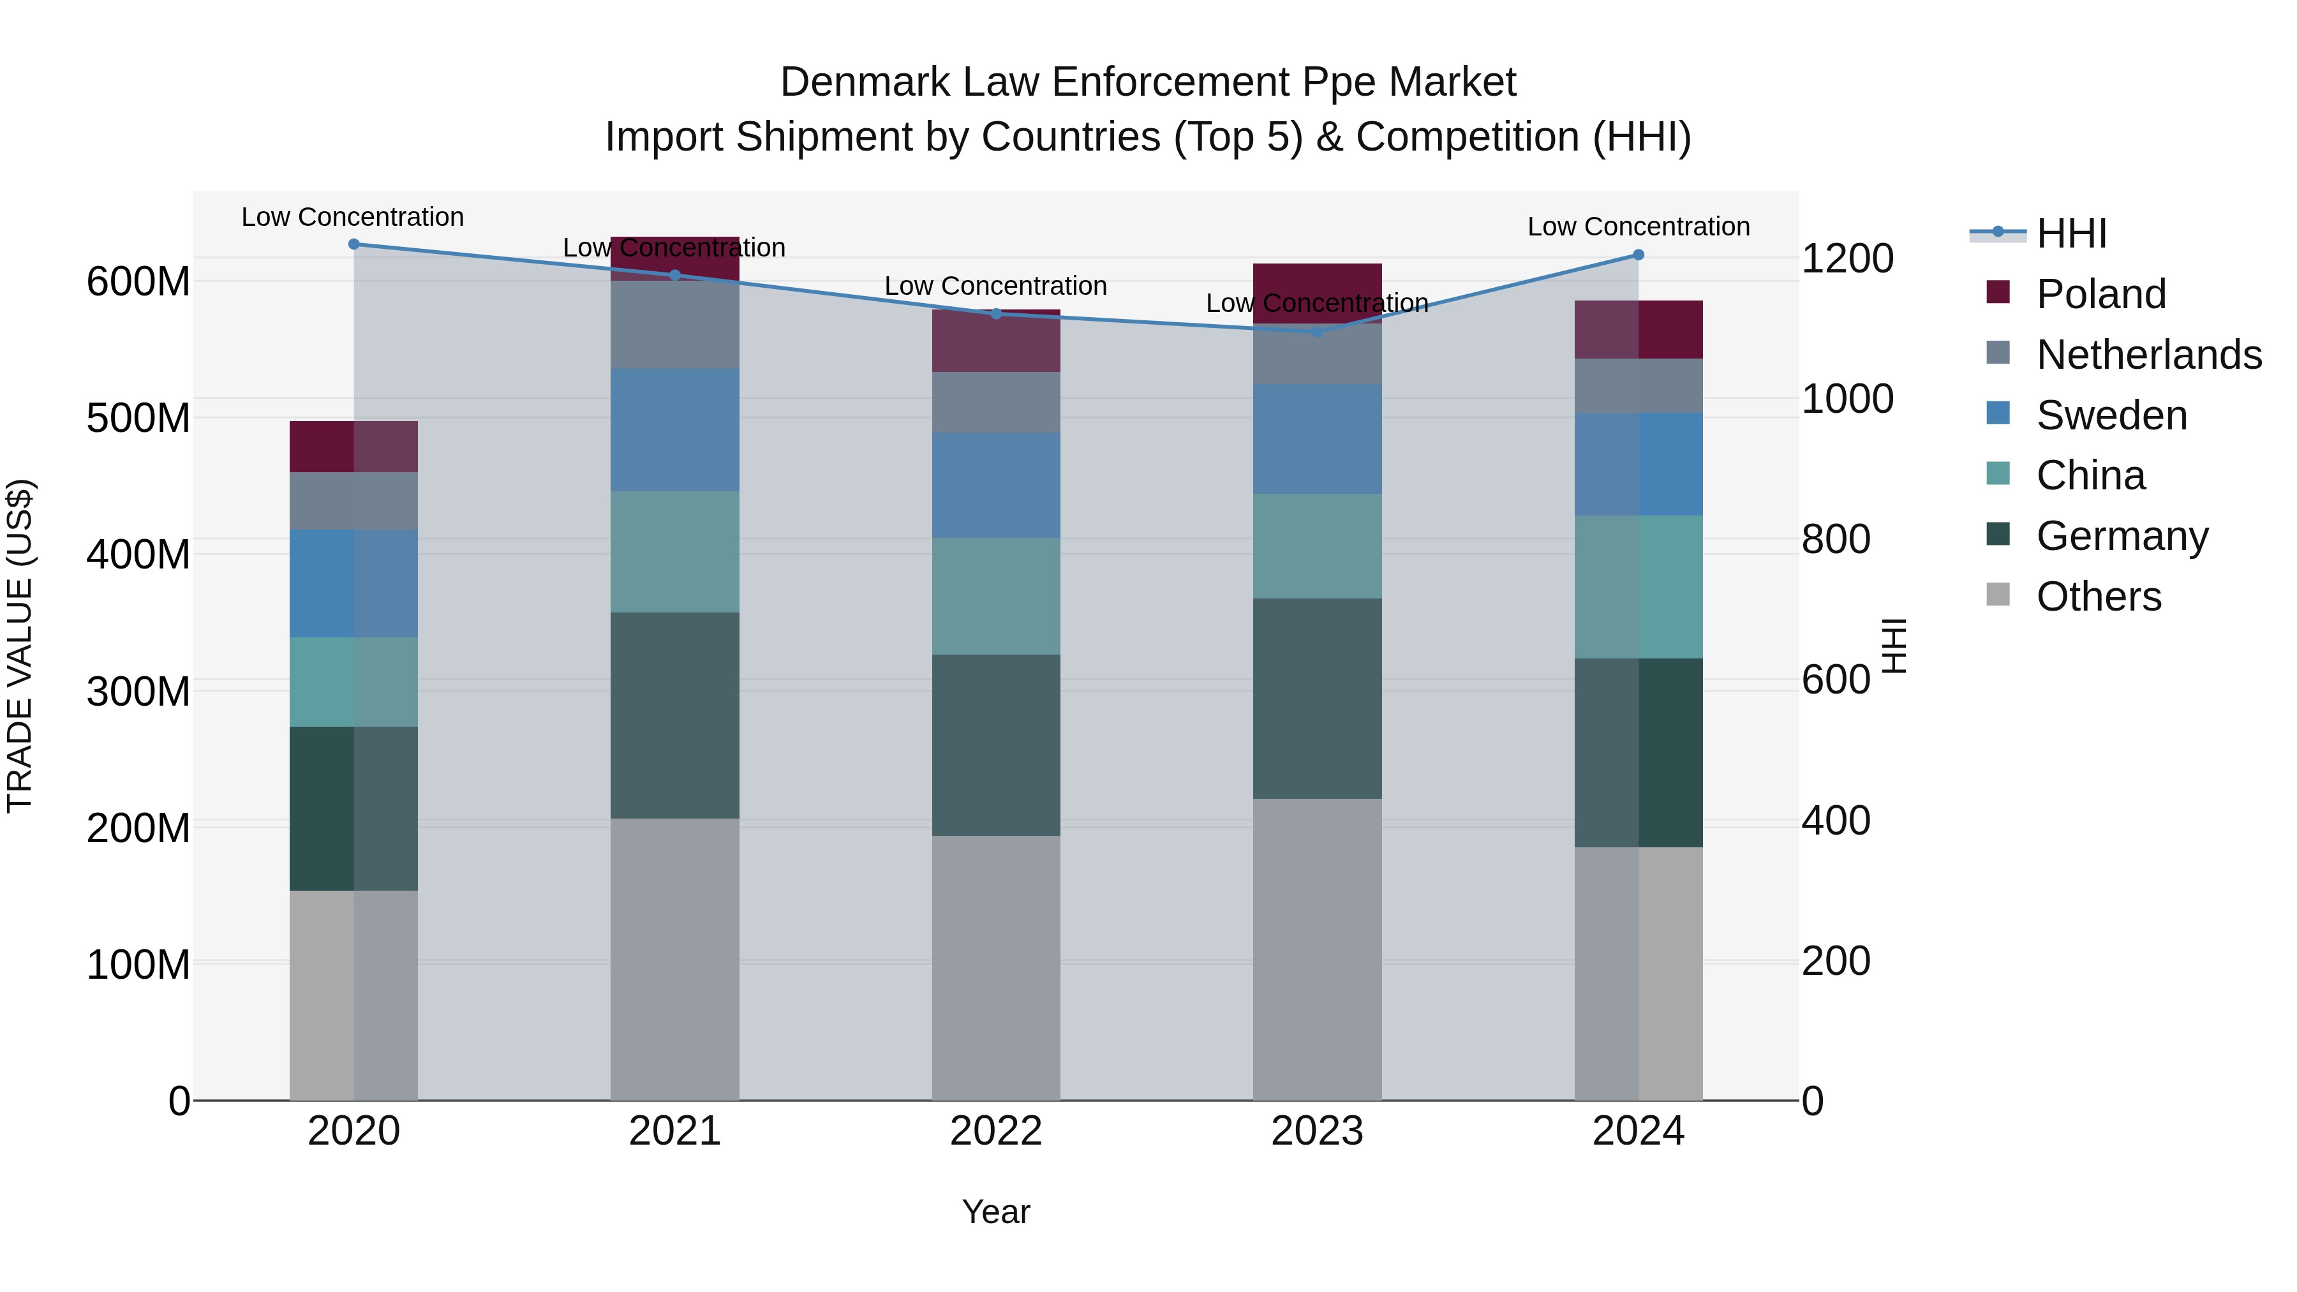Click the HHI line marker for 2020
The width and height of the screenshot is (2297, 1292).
(x=354, y=244)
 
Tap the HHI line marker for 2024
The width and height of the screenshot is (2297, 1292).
(x=1638, y=255)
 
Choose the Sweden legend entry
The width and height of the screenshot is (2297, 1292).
(x=2111, y=415)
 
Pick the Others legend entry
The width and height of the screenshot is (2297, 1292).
(x=2098, y=597)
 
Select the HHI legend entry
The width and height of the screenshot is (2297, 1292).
(x=2070, y=234)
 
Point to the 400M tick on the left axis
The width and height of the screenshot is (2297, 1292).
(x=138, y=554)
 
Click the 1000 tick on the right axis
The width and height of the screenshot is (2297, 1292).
(x=1847, y=399)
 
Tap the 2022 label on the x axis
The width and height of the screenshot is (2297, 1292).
(x=996, y=1131)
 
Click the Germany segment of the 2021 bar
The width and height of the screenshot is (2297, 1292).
(x=675, y=715)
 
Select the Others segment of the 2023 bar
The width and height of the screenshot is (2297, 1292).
(x=1317, y=949)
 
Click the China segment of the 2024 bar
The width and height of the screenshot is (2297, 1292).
(x=1638, y=587)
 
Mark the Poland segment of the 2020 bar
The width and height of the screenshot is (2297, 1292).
(x=354, y=447)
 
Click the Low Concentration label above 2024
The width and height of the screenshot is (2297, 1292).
(x=1638, y=226)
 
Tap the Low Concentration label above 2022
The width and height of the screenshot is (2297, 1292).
(x=995, y=286)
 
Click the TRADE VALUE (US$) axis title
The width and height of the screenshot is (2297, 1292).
(x=20, y=646)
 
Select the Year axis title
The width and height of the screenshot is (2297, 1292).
(x=995, y=1212)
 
